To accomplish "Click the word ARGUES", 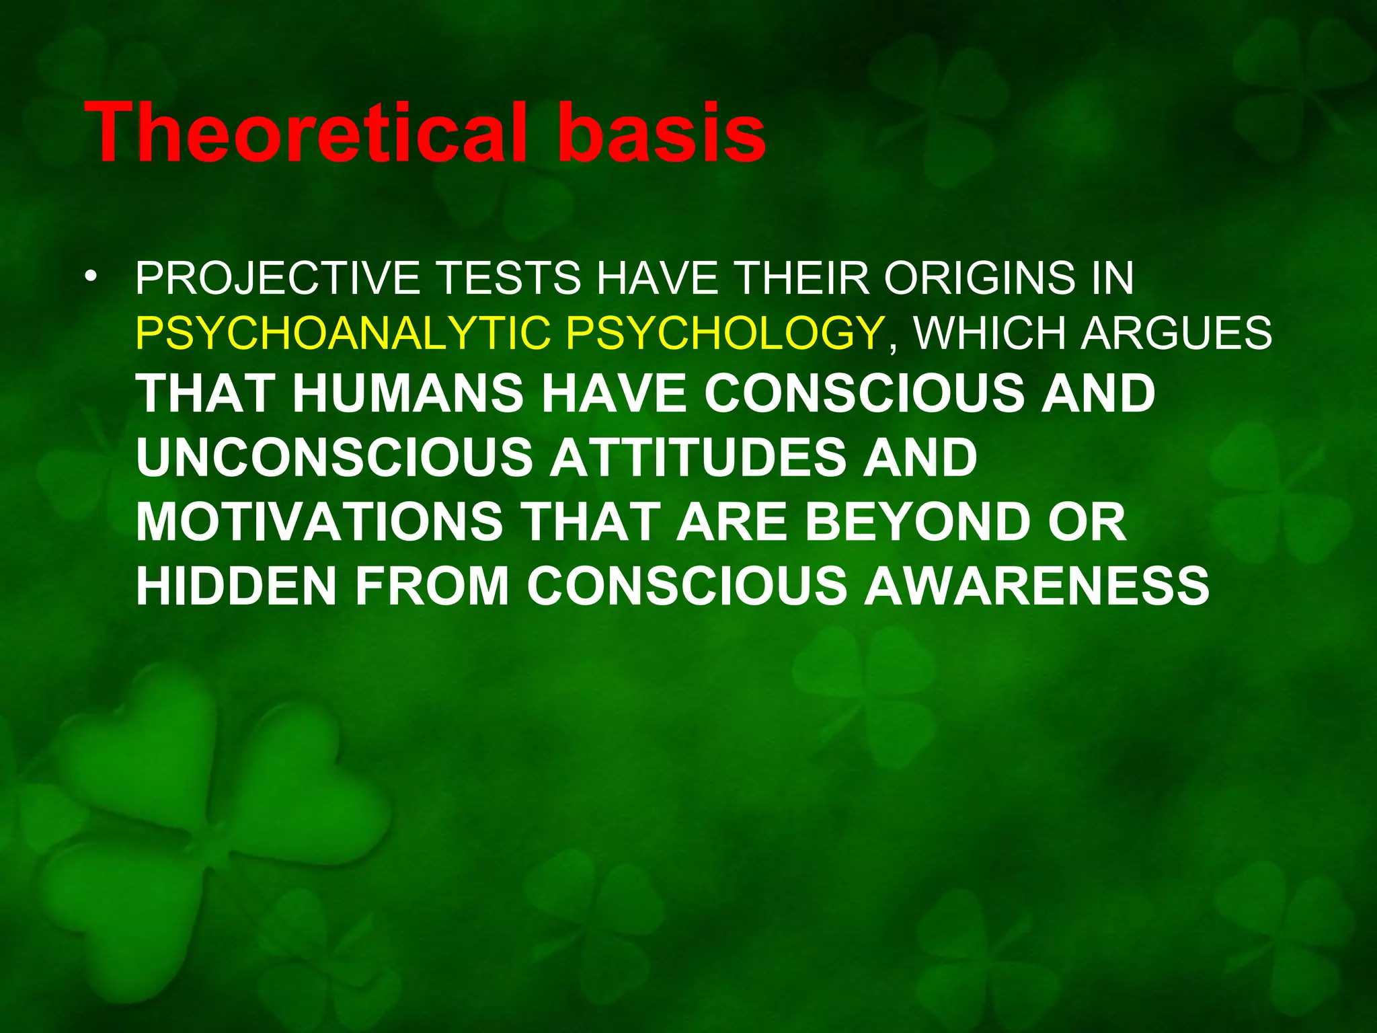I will tap(1176, 333).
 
